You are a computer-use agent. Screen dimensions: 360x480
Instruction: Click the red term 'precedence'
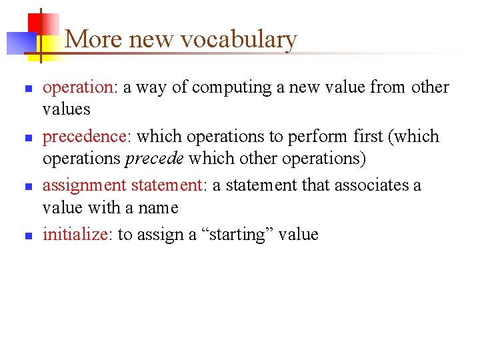84,136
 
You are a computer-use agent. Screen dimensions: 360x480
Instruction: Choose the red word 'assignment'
84,185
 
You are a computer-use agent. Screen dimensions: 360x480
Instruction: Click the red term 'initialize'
76,234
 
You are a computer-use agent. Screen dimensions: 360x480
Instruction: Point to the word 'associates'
374,185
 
